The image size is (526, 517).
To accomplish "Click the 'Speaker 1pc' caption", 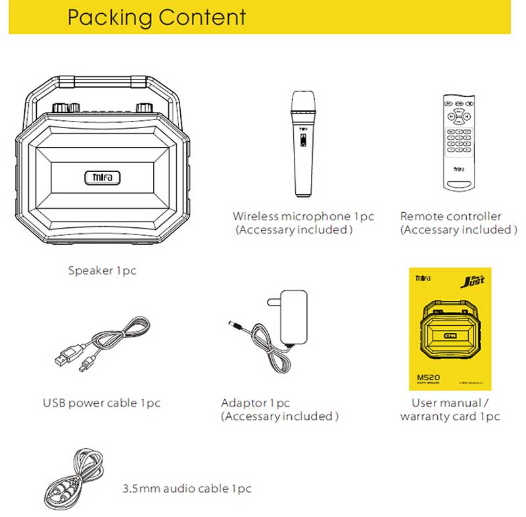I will (102, 271).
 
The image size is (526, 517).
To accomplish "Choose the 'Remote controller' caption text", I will (450, 216).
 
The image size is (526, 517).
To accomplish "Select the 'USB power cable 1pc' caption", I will (101, 403).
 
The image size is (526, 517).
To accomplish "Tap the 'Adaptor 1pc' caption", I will (255, 403).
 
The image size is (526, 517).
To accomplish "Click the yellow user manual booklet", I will (450, 328).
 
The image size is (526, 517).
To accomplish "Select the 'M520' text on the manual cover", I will (429, 377).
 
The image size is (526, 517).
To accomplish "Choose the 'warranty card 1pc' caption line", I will (450, 416).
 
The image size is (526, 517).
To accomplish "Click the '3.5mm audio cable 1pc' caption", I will (187, 489).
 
